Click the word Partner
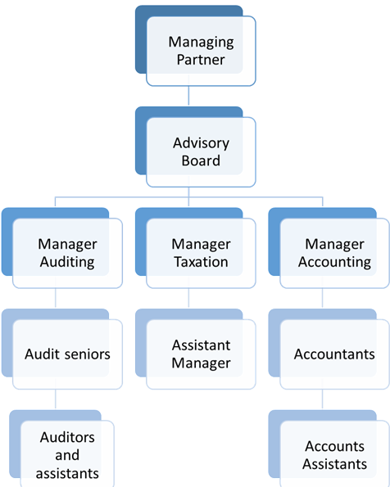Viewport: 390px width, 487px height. [x=201, y=60]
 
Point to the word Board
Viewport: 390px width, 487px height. [x=201, y=160]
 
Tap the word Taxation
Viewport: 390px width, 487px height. [x=201, y=262]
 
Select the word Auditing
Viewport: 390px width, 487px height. [x=67, y=263]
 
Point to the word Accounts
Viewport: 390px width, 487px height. [x=334, y=446]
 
